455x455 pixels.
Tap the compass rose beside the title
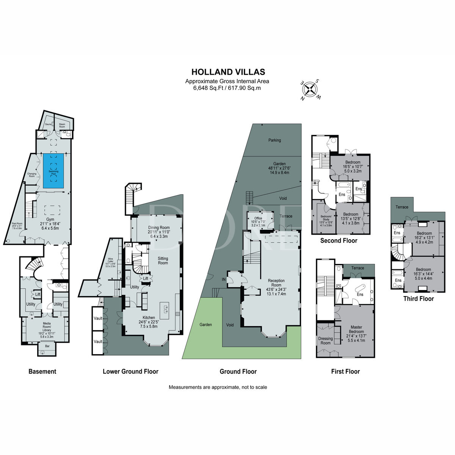click(311, 89)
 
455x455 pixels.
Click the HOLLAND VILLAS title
click(228, 72)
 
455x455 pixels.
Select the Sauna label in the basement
click(48, 124)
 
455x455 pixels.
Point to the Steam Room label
click(62, 125)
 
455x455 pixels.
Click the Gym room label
click(50, 220)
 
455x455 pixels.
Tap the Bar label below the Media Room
click(47, 346)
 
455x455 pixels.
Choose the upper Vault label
click(98, 318)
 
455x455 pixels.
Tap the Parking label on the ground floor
click(275, 140)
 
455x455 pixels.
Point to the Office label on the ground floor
click(258, 218)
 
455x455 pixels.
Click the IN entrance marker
click(224, 279)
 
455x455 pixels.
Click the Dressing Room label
click(325, 340)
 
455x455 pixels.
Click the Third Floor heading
click(418, 299)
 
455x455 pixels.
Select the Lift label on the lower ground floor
click(146, 278)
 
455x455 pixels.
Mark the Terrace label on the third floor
click(402, 207)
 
